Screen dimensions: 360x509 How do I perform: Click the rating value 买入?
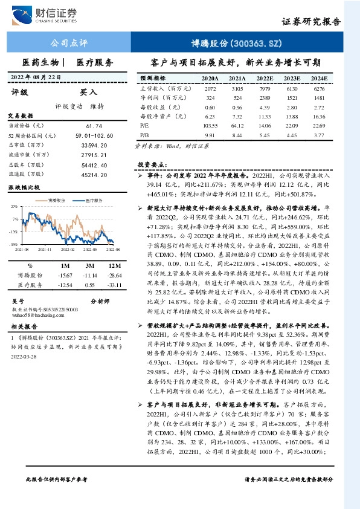click(89, 92)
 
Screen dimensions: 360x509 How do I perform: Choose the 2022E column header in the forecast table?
click(265, 79)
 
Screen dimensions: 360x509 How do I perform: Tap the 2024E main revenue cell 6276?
click(319, 88)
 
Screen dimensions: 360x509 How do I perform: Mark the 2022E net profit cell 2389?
click(265, 97)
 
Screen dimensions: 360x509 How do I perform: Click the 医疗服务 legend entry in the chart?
click(91, 199)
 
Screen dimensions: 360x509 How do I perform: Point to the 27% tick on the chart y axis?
click(14, 206)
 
